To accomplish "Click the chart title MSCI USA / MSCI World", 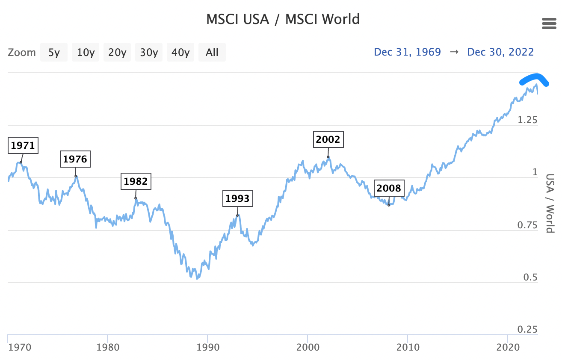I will pyautogui.click(x=283, y=19).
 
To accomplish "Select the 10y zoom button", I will pyautogui.click(x=86, y=53).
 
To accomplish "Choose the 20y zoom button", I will pyautogui.click(x=117, y=53).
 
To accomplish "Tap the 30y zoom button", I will pyautogui.click(x=149, y=53).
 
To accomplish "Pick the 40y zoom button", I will pyautogui.click(x=180, y=53).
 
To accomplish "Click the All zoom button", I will pyautogui.click(x=212, y=53).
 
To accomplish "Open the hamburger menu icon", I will pyautogui.click(x=549, y=24).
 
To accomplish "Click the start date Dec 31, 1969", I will pyautogui.click(x=407, y=52).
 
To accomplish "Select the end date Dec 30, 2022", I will pyautogui.click(x=500, y=52).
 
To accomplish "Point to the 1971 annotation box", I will pyautogui.click(x=23, y=145).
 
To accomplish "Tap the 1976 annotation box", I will pyautogui.click(x=75, y=159).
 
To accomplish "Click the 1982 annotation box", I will pyautogui.click(x=136, y=181).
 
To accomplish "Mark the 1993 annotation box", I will pyautogui.click(x=237, y=198).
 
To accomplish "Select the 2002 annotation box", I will pyautogui.click(x=328, y=139).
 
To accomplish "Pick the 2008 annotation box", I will pyautogui.click(x=389, y=188).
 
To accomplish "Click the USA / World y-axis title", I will pyautogui.click(x=550, y=203).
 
